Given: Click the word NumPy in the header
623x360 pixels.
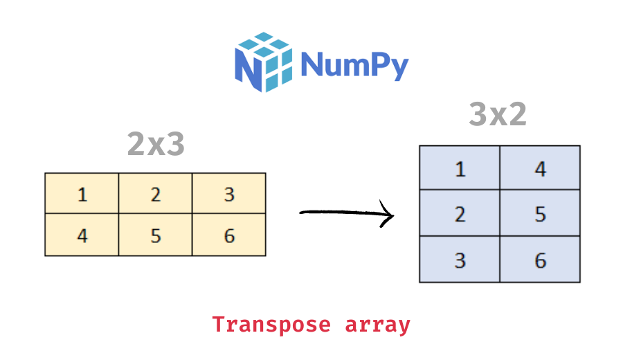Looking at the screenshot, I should pos(354,66).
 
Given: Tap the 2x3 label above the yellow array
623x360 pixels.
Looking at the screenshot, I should pos(156,143).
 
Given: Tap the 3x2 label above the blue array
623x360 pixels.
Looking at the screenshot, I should pos(498,115).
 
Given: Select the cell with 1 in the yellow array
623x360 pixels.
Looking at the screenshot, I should pos(82,194).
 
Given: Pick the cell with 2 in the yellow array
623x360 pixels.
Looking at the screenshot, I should pos(155,194).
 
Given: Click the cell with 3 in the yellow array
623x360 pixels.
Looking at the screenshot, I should pos(229,194).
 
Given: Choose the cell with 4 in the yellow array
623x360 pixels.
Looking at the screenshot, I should pos(82,235).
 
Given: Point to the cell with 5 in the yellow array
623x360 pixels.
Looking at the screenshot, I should pos(155,235).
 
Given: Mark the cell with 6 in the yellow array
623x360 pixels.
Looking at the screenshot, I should pos(229,235).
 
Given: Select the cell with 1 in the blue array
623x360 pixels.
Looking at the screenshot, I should pos(460,168).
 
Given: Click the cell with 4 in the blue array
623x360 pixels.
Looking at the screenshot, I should pos(540,168).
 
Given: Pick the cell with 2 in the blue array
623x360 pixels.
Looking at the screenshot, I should pos(460,214).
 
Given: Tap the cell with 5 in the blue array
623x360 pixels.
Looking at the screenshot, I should pos(540,214).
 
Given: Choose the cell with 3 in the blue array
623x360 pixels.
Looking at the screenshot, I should pos(460,260).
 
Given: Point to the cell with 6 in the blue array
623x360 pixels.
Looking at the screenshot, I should pos(540,260).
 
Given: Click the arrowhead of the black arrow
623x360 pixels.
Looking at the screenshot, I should pos(388,215).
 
